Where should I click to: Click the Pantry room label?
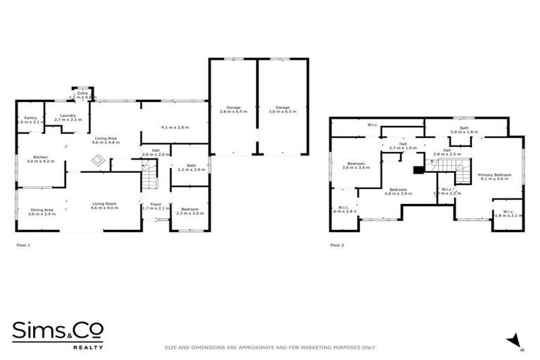pyautogui.click(x=30, y=120)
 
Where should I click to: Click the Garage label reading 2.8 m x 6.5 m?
pyautogui.click(x=233, y=109)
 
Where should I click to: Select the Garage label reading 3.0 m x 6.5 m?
pyautogui.click(x=281, y=109)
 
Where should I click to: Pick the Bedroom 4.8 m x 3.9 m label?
pyautogui.click(x=399, y=191)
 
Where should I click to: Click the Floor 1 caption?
pyautogui.click(x=23, y=245)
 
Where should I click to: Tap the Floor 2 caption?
pyautogui.click(x=337, y=245)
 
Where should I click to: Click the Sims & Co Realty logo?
pyautogui.click(x=58, y=335)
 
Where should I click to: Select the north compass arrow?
pyautogui.click(x=515, y=340)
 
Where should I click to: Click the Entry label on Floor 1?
pyautogui.click(x=83, y=95)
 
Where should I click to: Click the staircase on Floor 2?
pyautogui.click(x=446, y=168)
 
